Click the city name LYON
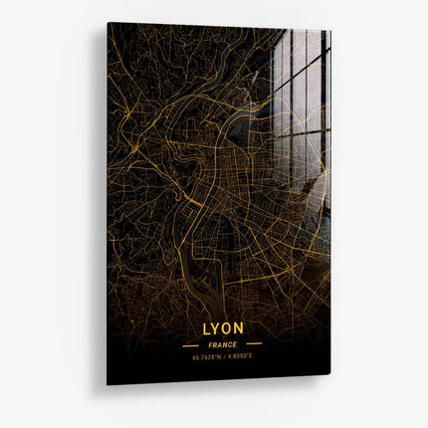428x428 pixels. [222, 327]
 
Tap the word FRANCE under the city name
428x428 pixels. [222, 344]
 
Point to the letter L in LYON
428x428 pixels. [206, 327]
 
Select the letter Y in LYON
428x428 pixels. [216, 327]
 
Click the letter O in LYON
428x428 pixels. [227, 327]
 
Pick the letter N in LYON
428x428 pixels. [239, 327]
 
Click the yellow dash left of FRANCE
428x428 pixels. [191, 344]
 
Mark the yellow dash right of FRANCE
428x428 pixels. [254, 344]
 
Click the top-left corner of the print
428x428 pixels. [108, 24]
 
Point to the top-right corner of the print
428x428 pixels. [329, 30]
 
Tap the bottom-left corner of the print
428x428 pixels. [107, 383]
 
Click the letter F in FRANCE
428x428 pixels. [211, 344]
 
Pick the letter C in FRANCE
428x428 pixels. [230, 344]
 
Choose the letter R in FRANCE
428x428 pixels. [215, 344]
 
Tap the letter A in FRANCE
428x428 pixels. [220, 344]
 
